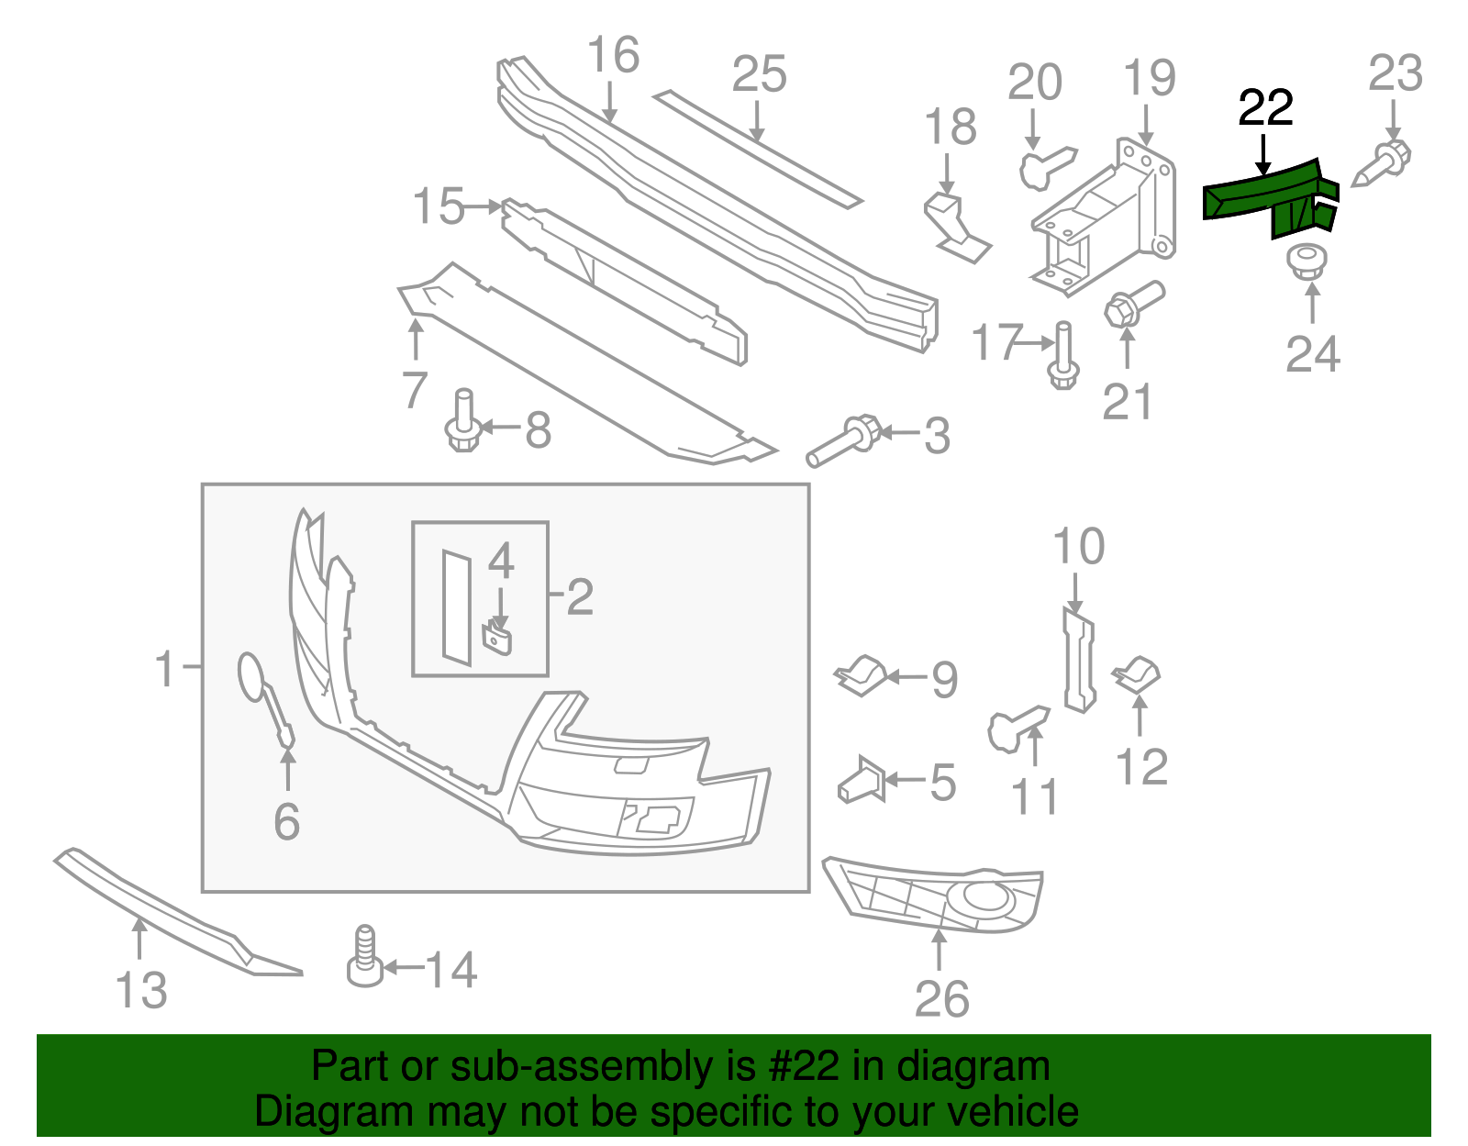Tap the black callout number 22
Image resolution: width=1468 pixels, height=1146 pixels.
pos(1265,108)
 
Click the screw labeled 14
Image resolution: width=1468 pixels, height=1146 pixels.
pos(364,959)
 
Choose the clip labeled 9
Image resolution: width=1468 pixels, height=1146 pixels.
pos(859,675)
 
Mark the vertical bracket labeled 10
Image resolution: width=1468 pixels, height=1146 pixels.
pos(1078,661)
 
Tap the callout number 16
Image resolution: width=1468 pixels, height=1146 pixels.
pos(612,55)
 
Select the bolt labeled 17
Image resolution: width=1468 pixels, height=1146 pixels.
pos(1062,358)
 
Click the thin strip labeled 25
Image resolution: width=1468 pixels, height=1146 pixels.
pos(757,147)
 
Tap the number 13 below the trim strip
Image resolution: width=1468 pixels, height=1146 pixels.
pos(141,991)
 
